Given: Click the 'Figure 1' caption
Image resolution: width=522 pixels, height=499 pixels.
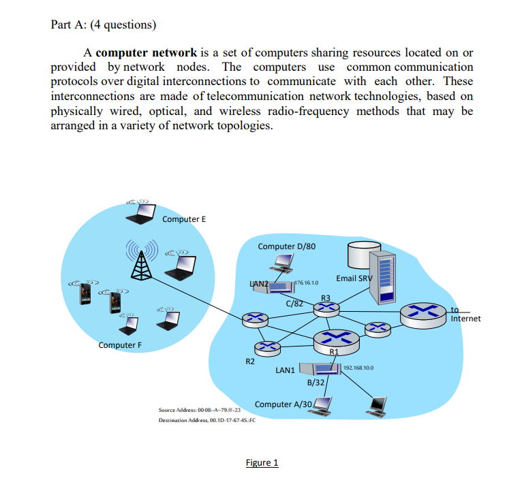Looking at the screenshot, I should tap(262, 463).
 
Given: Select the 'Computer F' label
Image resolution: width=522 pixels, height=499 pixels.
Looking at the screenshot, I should tap(120, 344).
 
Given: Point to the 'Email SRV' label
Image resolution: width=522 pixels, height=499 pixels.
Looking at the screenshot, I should tap(354, 278).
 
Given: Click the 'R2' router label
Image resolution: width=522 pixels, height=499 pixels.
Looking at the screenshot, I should tap(250, 361).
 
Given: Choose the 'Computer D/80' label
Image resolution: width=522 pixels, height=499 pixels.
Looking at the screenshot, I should tap(286, 246).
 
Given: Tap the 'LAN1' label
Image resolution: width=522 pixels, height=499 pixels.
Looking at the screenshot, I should tap(285, 370).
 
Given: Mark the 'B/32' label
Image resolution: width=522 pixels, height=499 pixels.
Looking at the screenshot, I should tap(316, 383).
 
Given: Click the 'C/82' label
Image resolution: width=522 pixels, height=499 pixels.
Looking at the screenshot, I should tap(294, 303).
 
